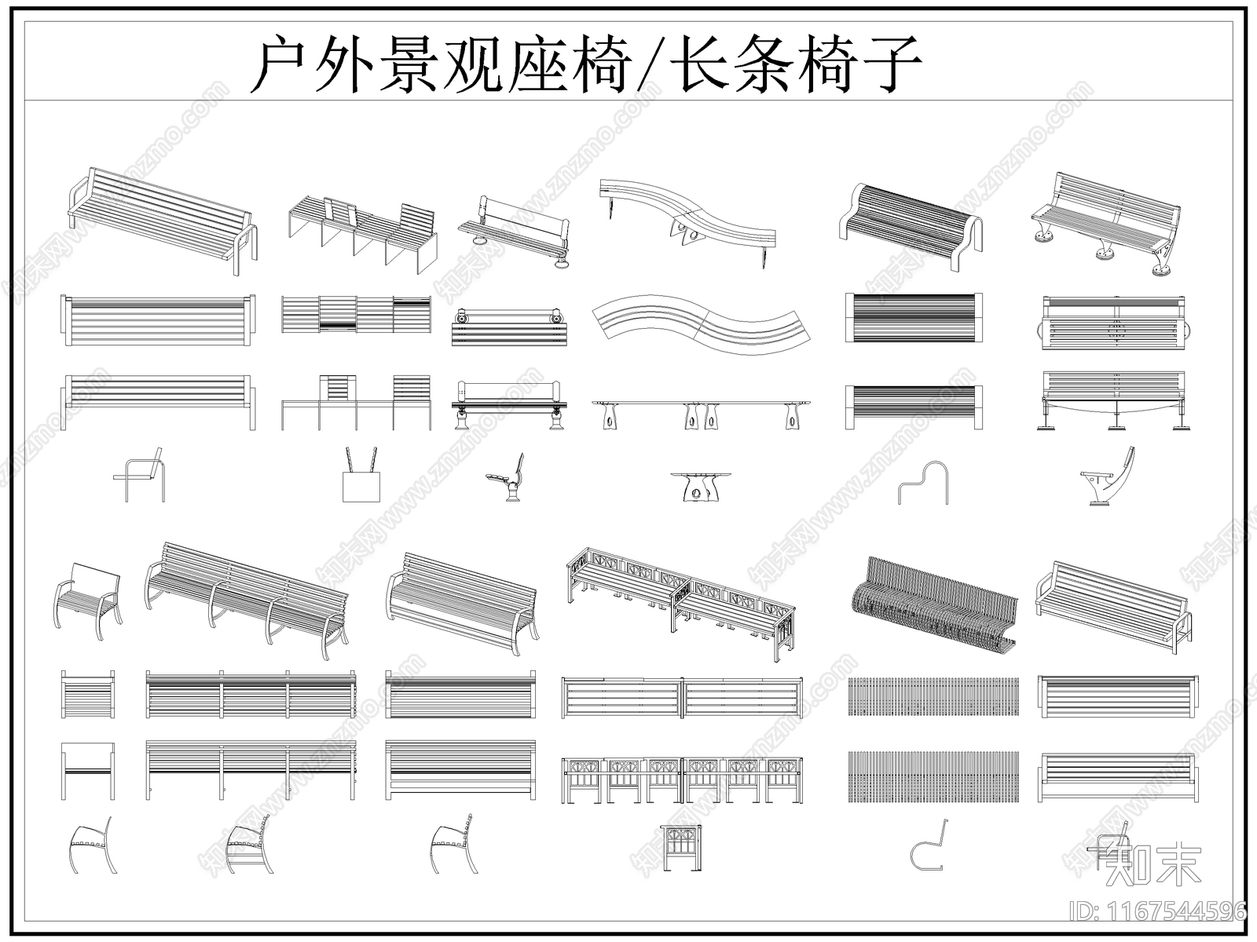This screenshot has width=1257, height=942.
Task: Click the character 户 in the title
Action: point(283,64)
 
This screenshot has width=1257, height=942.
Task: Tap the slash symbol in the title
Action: point(654,64)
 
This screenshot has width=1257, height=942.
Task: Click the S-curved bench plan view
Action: point(702,325)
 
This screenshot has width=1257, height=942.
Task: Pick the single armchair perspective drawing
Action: point(87,600)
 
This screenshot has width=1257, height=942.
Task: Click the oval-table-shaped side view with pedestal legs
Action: point(700,487)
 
